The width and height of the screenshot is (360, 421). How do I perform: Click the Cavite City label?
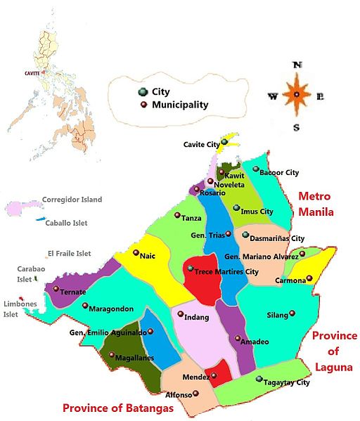201,144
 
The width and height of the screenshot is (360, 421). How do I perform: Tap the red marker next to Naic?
136,252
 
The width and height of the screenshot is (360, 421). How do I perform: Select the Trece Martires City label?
227,271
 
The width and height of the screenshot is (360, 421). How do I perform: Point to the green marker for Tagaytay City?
259,379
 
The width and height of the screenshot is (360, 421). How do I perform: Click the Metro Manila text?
315,204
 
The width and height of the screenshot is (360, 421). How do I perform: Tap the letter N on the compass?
297,65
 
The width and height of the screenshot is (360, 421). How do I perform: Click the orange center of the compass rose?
297,95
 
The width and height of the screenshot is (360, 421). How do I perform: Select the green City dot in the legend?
143,92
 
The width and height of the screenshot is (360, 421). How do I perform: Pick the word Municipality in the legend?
180,105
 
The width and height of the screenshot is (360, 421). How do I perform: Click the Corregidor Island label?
72,200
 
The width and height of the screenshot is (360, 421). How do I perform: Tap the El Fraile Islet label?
69,253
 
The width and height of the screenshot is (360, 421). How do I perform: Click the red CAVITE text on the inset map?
32,72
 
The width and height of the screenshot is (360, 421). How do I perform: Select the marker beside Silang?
292,313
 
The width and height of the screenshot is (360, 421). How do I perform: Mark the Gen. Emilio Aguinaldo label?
108,332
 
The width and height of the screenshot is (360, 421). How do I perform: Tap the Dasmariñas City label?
278,238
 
